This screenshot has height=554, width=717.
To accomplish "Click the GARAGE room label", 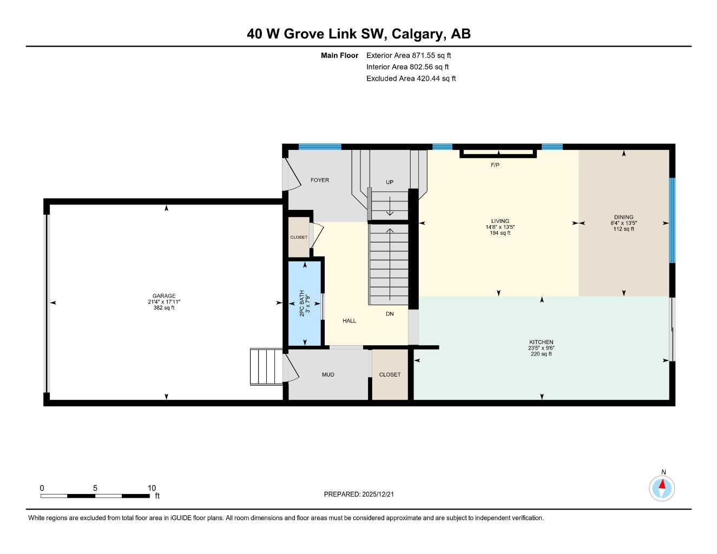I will [x=163, y=296].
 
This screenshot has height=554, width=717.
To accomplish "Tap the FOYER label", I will [x=319, y=180].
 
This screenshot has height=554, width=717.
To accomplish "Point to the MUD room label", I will [x=328, y=374].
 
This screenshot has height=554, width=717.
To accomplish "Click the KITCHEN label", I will [x=541, y=342].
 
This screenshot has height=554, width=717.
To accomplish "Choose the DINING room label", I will [x=623, y=217].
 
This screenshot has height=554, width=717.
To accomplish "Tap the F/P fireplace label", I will [x=495, y=165].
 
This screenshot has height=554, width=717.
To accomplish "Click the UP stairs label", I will [x=390, y=182].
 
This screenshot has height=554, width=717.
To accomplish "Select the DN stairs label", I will [x=390, y=314].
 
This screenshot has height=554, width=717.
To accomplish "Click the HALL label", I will [x=349, y=321].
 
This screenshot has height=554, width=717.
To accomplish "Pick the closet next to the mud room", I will [x=390, y=374].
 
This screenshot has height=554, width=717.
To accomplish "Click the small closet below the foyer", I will [x=299, y=237].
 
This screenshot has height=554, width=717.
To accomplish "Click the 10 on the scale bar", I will [x=152, y=488].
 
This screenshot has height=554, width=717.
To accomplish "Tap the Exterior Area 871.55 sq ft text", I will [x=409, y=55].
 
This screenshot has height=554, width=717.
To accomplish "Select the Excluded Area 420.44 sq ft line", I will [x=411, y=78].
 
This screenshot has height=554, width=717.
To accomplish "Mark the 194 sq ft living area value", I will [x=500, y=233].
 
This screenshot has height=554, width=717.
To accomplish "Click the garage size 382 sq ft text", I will [x=164, y=308].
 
